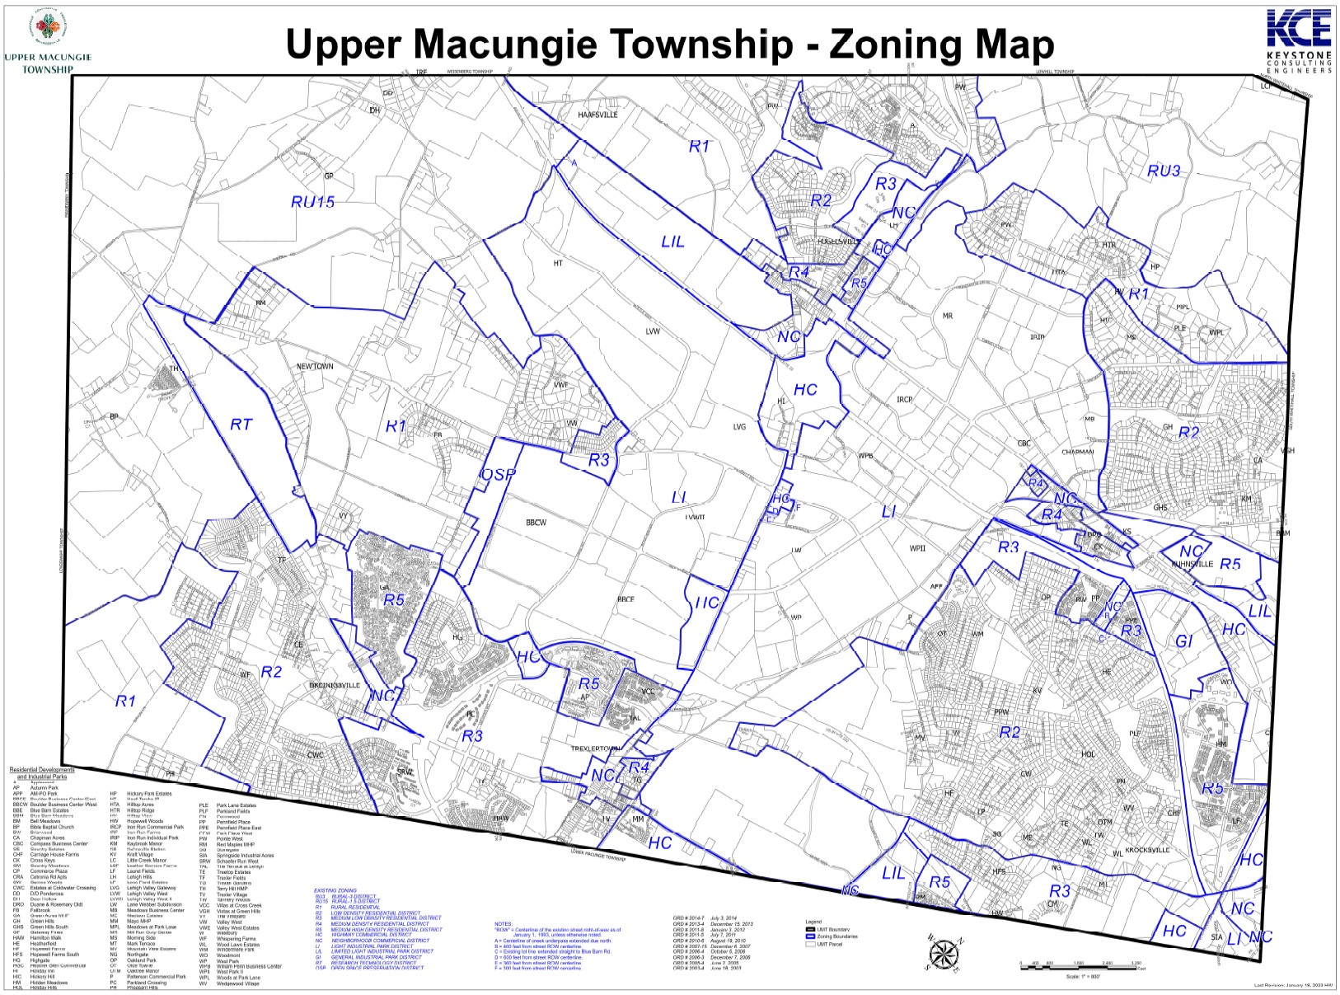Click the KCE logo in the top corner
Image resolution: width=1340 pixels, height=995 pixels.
click(1298, 28)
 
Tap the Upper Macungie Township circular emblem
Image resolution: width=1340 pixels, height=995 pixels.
click(47, 27)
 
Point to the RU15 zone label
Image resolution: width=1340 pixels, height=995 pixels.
click(313, 202)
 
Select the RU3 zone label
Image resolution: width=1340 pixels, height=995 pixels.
click(1164, 171)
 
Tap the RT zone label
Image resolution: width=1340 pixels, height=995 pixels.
click(241, 425)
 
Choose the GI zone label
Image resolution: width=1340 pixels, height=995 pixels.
click(1184, 641)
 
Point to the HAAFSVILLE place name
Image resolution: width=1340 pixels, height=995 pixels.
click(597, 115)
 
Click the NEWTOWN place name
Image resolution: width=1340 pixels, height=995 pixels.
click(315, 366)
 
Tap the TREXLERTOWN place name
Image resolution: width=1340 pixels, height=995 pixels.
click(596, 749)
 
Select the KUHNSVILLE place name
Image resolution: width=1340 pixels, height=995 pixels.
click(1192, 565)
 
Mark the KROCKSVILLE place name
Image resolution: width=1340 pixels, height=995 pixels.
click(1147, 850)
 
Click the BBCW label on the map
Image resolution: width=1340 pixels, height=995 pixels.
click(536, 523)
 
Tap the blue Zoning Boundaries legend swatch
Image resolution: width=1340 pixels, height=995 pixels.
click(810, 936)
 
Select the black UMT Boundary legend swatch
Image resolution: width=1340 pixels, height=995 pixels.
click(810, 929)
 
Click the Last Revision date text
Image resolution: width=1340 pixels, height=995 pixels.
click(1293, 985)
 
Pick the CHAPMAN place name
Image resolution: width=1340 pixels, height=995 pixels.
click(1077, 452)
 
